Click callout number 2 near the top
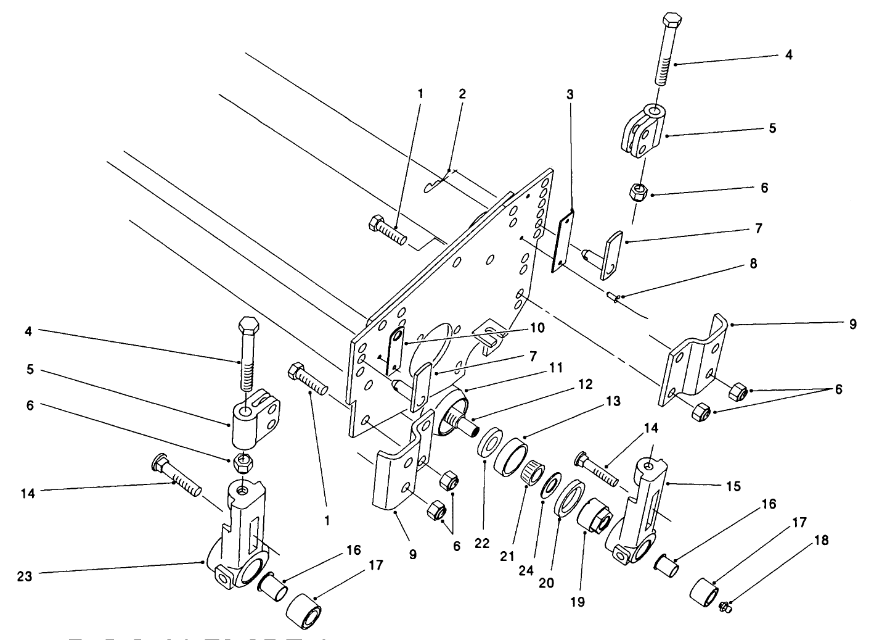coord(462,94)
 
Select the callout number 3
coord(570,94)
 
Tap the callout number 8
coord(753,264)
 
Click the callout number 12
coord(585,384)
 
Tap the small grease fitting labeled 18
coord(725,607)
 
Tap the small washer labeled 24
coord(547,486)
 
